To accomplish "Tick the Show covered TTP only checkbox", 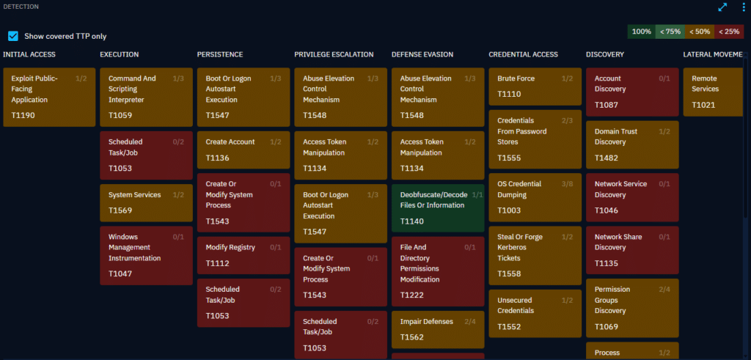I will pos(13,36).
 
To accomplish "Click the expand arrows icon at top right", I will pos(722,7).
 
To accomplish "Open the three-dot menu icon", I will pos(743,7).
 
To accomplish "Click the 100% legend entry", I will pos(642,32).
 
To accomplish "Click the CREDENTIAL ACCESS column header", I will pos(523,54).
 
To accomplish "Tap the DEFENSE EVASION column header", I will pos(422,54).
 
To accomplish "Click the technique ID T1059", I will pos(120,115).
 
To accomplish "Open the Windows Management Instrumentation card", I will pos(146,255).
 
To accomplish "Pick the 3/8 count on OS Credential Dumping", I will pos(568,184).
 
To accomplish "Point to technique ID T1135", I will pos(607,262).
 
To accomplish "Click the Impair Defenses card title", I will pos(427,322).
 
